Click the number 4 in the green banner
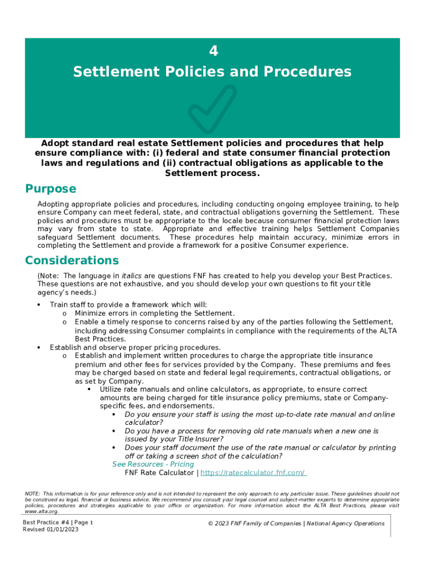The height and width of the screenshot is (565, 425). pos(214,51)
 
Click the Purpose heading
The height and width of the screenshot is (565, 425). pos(51,189)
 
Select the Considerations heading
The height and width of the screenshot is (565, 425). pos(72,260)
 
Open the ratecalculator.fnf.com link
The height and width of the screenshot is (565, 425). pos(253,473)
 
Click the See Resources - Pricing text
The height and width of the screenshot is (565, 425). pos(153,464)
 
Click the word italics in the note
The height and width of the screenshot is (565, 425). pos(131,275)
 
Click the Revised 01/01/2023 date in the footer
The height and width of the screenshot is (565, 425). pos(50,530)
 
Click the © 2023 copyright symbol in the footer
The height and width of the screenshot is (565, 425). pos(210,524)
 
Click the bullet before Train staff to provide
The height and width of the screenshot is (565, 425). pos(38,305)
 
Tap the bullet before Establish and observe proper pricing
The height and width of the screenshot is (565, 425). pos(38,348)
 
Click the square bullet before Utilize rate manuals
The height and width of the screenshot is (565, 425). pos(89,390)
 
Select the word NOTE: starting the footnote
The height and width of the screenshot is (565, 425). pos(33,493)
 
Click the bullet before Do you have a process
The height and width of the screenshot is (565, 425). pos(114,431)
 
